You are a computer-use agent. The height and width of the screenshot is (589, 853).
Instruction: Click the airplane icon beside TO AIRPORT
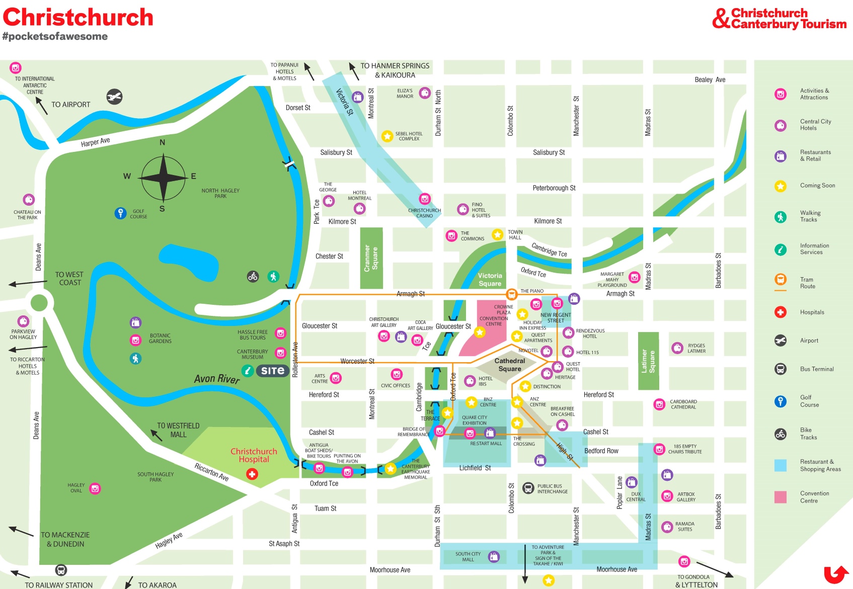(114, 97)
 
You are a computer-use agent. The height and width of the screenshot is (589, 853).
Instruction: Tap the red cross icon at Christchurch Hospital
(252, 474)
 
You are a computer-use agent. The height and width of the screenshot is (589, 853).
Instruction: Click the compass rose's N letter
(162, 142)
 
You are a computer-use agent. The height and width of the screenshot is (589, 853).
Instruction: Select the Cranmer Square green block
(371, 258)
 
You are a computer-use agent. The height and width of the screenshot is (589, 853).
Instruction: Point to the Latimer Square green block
(648, 361)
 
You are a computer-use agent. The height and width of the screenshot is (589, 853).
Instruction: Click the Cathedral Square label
(509, 365)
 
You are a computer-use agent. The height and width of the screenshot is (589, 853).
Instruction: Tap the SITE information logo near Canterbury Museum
(272, 371)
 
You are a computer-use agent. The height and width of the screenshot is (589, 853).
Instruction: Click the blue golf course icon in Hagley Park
(120, 213)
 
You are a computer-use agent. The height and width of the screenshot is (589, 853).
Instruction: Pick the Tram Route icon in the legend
(780, 280)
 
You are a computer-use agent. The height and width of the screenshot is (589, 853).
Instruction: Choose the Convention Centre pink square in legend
(780, 497)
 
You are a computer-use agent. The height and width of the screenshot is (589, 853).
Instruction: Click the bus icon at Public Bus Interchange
(528, 488)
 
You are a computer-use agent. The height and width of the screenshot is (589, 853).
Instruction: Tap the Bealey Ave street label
(710, 79)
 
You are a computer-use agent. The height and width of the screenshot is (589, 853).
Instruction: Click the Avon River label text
(217, 378)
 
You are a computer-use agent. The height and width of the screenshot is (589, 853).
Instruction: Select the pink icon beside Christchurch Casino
(425, 199)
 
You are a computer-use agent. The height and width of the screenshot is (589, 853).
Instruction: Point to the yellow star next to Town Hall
(497, 234)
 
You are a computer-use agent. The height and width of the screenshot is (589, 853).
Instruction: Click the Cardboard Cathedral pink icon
(659, 404)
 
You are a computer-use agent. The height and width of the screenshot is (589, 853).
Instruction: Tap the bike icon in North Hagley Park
(253, 276)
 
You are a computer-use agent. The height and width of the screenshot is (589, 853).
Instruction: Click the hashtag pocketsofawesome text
(55, 36)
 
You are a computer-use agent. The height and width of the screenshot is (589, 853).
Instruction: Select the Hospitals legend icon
(780, 312)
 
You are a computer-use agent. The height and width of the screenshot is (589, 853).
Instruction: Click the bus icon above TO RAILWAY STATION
(61, 570)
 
